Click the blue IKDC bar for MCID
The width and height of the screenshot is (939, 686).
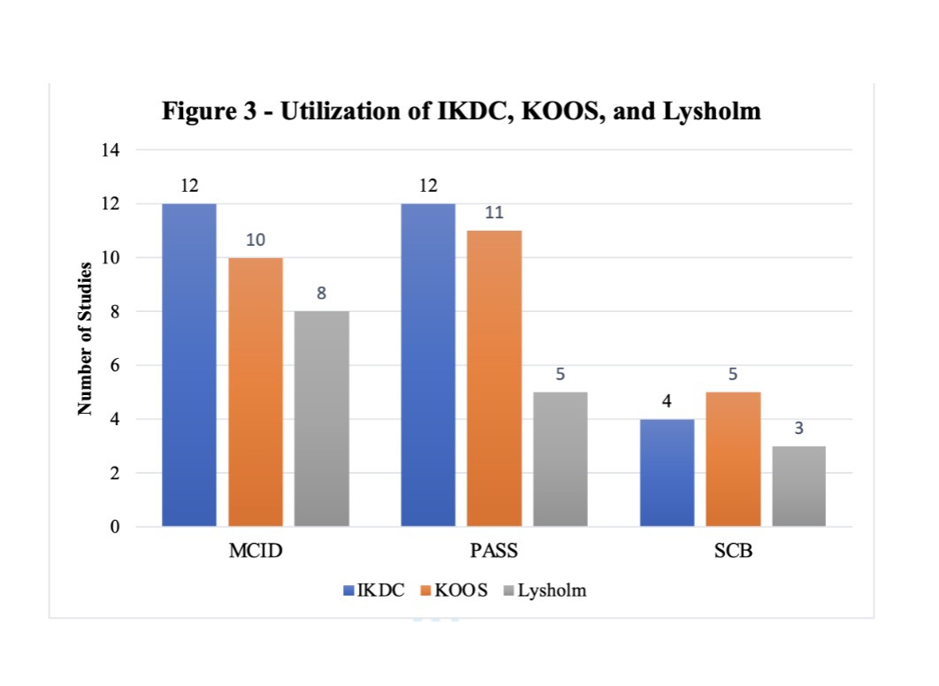pos(189,365)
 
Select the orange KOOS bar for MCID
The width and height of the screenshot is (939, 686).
pos(256,393)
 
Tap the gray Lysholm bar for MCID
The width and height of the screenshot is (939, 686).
pos(322,419)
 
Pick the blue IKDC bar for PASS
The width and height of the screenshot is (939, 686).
pos(428,365)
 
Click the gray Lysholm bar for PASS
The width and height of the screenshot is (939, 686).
pos(561,459)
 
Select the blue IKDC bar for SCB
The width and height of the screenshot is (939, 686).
pos(667,473)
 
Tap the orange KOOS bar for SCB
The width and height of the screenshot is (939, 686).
pos(733,459)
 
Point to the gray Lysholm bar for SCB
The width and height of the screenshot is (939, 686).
pos(799,486)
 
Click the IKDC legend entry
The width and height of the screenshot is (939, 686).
pos(374,591)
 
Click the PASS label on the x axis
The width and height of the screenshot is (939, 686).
pos(493,553)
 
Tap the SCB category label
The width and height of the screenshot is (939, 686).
pos(733,553)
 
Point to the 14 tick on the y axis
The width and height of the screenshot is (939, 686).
pos(111,150)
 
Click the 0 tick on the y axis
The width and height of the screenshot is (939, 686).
pos(115,527)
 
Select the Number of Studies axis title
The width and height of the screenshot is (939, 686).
pos(86,339)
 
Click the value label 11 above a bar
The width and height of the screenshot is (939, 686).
pos(494,213)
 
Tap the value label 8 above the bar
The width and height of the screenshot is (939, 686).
pos(322,293)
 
